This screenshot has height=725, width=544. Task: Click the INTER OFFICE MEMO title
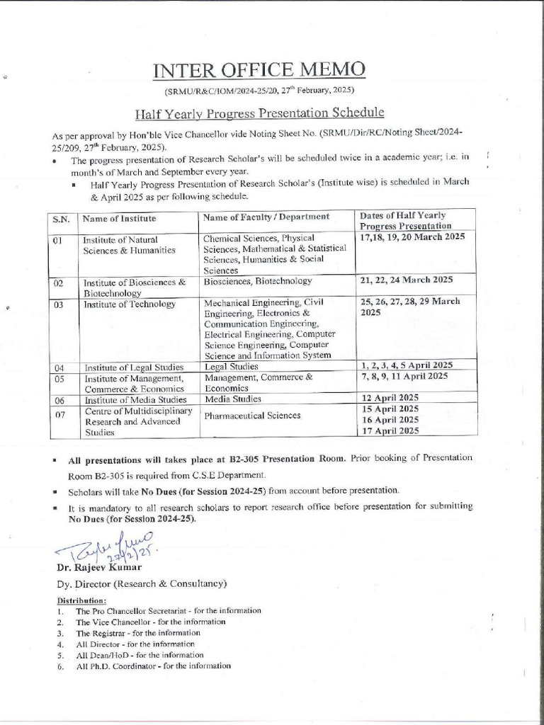point(260,70)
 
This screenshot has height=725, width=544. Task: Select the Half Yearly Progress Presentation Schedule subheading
point(260,113)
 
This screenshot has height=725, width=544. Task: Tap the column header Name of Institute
point(119,218)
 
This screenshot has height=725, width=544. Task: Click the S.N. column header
point(60,219)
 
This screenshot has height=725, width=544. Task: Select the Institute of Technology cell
point(130,304)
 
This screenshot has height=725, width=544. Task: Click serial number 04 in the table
point(59,367)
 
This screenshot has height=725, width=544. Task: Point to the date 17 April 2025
point(390,430)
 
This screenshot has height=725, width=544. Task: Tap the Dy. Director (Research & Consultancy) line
point(142,584)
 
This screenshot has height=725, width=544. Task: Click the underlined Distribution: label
point(81,600)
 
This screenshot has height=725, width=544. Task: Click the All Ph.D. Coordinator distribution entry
point(153,666)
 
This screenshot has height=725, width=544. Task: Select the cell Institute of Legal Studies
point(134,367)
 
